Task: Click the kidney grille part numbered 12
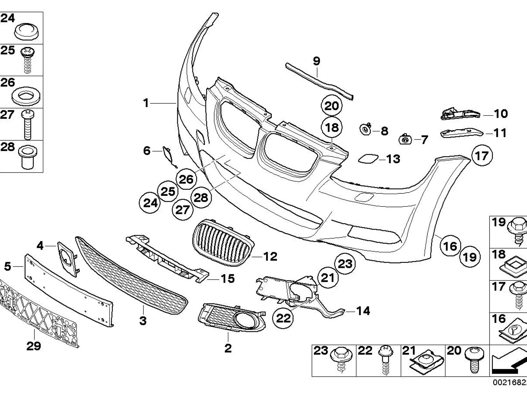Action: [223, 243]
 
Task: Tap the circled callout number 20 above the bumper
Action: [332, 106]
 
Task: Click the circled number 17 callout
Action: [482, 156]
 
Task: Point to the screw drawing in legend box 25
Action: [27, 60]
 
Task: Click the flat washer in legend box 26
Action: [26, 96]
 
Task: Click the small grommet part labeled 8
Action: [365, 129]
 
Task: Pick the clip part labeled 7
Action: [405, 139]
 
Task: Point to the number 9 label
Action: [316, 61]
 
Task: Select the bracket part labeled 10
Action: [460, 114]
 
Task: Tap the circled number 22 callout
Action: [283, 318]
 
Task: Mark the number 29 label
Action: [33, 346]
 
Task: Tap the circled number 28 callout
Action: [201, 197]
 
